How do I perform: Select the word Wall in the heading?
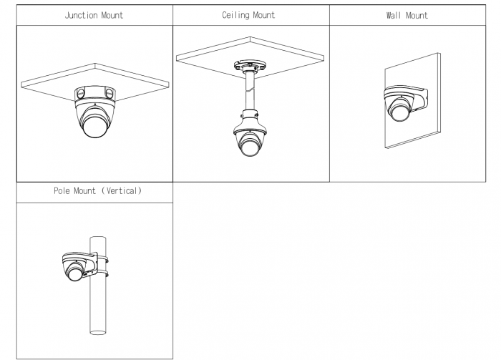[394, 15]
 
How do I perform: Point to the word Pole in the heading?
[62, 190]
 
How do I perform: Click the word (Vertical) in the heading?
[122, 190]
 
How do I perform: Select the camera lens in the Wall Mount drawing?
[399, 113]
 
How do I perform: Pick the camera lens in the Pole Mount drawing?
[74, 273]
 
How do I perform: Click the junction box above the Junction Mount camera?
[95, 94]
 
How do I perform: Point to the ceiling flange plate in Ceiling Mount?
[250, 66]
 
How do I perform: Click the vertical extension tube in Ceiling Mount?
[250, 92]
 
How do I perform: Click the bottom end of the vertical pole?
[98, 333]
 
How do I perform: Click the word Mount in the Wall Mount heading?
[417, 15]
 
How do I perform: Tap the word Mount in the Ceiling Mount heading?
[264, 15]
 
